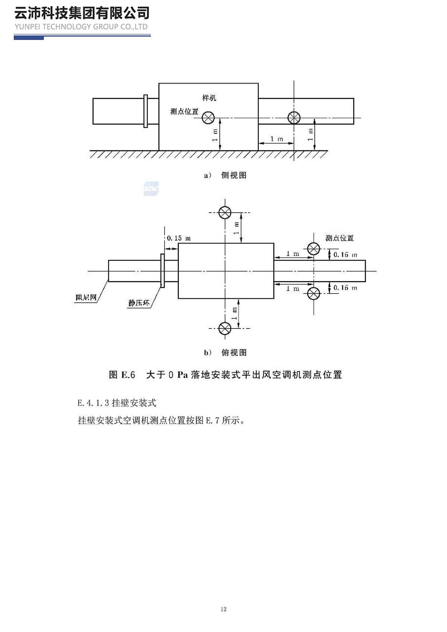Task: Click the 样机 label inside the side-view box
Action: tap(209, 98)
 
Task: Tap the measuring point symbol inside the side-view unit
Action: tap(208, 118)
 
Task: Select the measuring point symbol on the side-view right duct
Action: tap(294, 118)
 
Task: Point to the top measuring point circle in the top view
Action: tap(225, 213)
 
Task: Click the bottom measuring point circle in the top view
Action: tap(225, 328)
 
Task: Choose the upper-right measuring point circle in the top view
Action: tap(314, 249)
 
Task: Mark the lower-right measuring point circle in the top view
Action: tap(314, 294)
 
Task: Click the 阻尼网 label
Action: tap(86, 298)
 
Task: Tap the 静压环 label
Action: tap(139, 303)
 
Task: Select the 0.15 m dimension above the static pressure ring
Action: tap(178, 238)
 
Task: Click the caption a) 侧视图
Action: tap(225, 175)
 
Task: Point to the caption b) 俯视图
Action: tap(225, 353)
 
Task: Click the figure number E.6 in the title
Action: tap(128, 375)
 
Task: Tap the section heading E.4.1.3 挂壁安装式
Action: tap(117, 403)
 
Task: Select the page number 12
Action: tap(223, 609)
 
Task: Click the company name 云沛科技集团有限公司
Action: tap(82, 13)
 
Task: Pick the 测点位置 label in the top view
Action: tap(339, 238)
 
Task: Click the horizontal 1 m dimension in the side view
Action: tap(276, 139)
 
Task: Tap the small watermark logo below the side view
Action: tap(151, 189)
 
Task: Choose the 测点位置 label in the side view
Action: tap(184, 111)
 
